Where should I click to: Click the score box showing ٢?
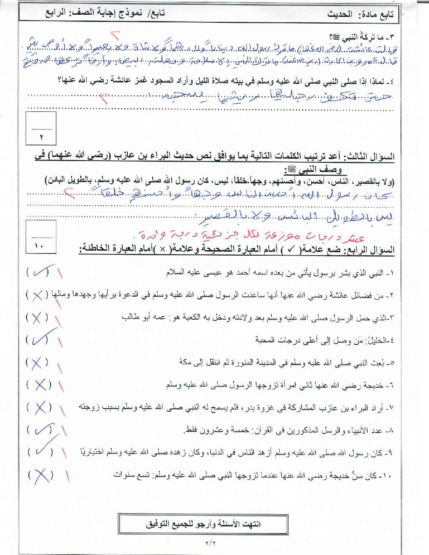tap(41, 129)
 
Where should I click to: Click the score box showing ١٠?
tap(41, 237)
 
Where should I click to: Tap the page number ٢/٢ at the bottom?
tap(210, 543)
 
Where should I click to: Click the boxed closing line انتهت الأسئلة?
tap(203, 524)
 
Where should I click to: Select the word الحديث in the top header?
tap(339, 14)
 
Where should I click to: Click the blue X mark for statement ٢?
tap(38, 295)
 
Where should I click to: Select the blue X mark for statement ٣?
tap(37, 318)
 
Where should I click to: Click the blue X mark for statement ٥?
tap(37, 362)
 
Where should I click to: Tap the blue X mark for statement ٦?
tap(40, 385)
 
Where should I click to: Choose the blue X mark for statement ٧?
tap(40, 407)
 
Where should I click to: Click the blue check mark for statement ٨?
tap(41, 430)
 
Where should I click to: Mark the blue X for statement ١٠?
tap(41, 476)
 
